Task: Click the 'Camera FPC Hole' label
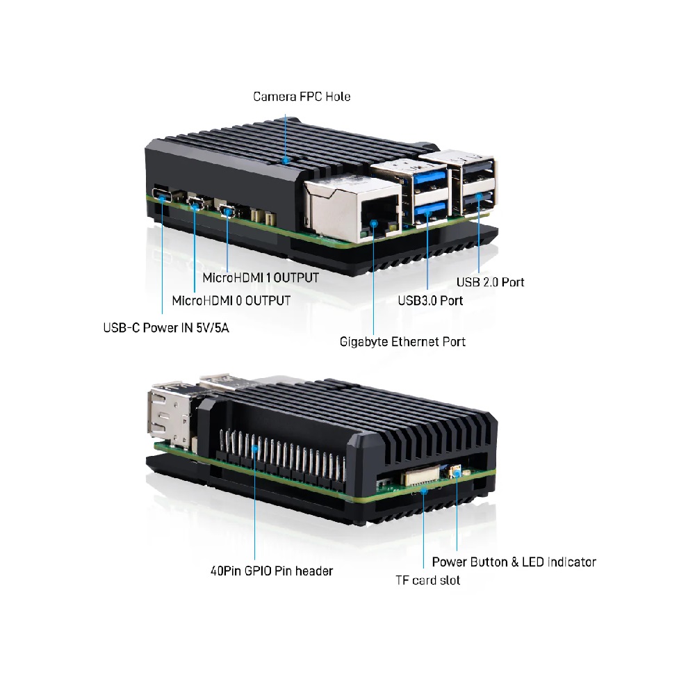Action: coord(302,97)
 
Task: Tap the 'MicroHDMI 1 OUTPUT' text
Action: coord(261,278)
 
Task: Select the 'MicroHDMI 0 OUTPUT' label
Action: coord(231,300)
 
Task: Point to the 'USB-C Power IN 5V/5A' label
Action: coord(166,327)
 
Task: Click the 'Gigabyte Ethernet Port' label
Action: coord(402,342)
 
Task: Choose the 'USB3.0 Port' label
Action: coord(430,300)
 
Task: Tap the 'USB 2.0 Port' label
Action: coord(490,282)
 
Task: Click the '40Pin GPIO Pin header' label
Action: coord(272,571)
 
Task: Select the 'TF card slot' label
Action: coord(427,580)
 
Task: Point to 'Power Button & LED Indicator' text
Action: coord(514,562)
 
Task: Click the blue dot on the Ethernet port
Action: coord(374,223)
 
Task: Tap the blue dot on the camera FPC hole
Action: coord(286,160)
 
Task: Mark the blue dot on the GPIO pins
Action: coord(255,448)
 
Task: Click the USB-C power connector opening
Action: coord(162,195)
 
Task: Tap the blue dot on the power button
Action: coord(457,473)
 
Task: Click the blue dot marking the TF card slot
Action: coord(424,490)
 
